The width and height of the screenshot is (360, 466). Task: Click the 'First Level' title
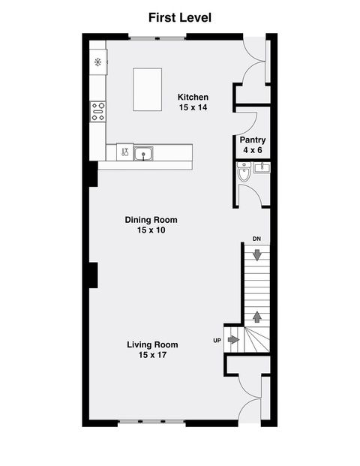pos(180,17)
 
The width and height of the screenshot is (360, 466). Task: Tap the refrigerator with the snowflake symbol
pos(98,62)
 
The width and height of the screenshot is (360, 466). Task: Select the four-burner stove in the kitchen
pos(98,112)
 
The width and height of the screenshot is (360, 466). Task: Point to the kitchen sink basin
pos(144,154)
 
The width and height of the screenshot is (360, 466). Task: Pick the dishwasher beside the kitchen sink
pos(124,153)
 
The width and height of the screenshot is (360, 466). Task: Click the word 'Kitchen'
pos(193,98)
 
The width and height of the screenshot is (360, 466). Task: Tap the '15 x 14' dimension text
pos(193,108)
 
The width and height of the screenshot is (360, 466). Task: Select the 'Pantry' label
pos(253,140)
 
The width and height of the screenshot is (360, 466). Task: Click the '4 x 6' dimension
pos(253,151)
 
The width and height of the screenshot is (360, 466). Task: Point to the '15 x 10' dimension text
pos(151,230)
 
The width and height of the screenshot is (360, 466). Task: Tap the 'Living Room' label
pos(152,344)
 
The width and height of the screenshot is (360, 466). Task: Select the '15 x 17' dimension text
pos(152,355)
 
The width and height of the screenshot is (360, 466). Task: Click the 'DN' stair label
pos(256,239)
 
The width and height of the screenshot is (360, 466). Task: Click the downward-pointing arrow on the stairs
pos(257,255)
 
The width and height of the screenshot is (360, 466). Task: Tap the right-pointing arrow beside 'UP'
pos(233,340)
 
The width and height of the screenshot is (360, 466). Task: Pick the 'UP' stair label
pos(217,341)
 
